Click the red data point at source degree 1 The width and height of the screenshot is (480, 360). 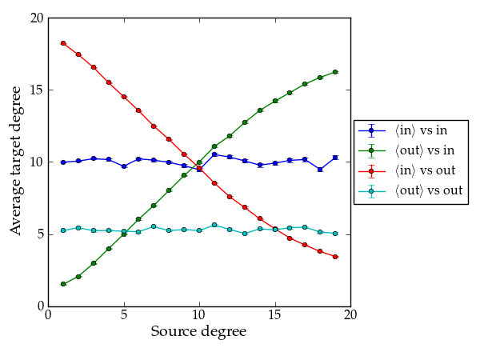click(x=63, y=43)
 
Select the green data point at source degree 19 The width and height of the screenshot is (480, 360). click(x=335, y=72)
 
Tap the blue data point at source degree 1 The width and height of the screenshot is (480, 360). click(x=63, y=162)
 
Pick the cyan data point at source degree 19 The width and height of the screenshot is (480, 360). click(x=335, y=234)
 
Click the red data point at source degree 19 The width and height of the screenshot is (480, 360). click(x=335, y=257)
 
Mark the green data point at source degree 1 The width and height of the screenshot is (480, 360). click(x=63, y=284)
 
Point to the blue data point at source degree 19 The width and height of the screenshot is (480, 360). click(x=335, y=158)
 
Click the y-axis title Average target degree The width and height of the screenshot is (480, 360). click(x=16, y=162)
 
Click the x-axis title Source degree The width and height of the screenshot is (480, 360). click(x=198, y=331)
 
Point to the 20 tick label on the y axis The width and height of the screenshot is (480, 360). click(x=35, y=18)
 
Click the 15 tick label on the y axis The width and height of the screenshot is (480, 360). click(x=35, y=90)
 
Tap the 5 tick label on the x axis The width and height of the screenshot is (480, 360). click(x=124, y=315)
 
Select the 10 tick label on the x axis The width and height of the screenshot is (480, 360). click(x=199, y=315)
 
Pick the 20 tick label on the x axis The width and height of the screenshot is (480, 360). click(x=350, y=315)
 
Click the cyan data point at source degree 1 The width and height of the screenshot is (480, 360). click(x=63, y=230)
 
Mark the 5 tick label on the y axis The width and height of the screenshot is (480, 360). click(x=38, y=234)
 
